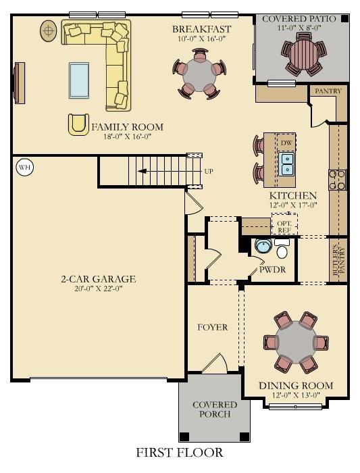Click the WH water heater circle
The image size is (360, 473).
(x=25, y=167)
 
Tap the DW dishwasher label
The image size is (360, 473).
(x=286, y=143)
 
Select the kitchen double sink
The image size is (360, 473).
(x=286, y=164)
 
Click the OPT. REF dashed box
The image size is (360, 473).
(x=284, y=224)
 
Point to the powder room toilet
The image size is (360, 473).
(x=282, y=249)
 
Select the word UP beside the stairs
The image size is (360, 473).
(x=209, y=172)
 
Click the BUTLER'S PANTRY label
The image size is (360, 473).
(x=338, y=261)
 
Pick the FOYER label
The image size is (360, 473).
(x=213, y=327)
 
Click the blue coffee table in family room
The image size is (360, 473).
(x=79, y=80)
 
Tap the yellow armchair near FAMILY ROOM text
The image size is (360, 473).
(x=78, y=124)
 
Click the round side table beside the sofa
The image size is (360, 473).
(x=48, y=31)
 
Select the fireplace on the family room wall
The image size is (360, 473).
(x=19, y=83)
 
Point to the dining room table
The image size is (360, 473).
(x=296, y=343)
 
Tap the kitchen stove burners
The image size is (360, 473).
(x=338, y=180)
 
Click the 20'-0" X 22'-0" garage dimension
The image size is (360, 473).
(x=99, y=289)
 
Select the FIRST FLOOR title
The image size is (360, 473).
(x=180, y=453)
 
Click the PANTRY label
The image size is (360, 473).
(x=328, y=91)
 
